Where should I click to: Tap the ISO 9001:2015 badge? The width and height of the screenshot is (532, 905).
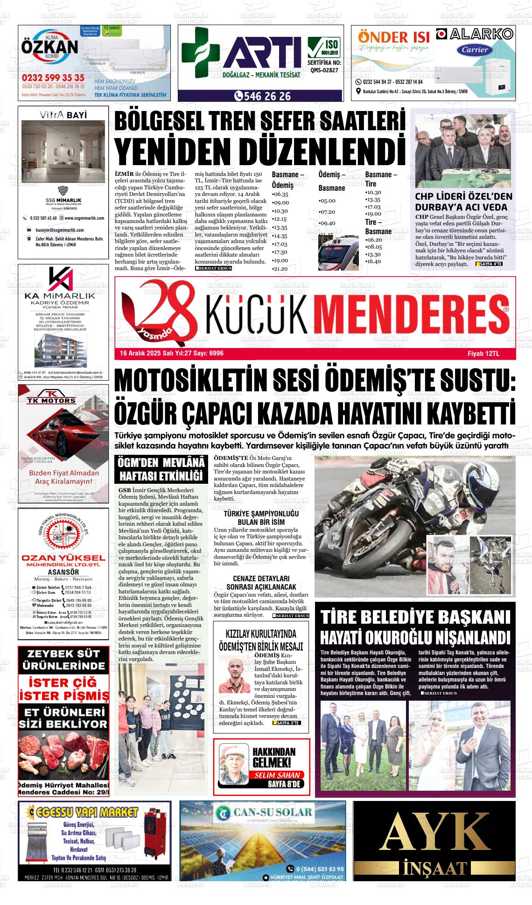coord(324,48)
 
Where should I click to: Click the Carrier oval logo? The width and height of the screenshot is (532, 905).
coord(475,50)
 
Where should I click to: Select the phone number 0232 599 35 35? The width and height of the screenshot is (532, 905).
coord(53,77)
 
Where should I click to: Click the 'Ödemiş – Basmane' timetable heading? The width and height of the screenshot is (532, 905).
coord(332,181)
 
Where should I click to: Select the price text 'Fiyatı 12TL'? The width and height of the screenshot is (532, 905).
coord(483,354)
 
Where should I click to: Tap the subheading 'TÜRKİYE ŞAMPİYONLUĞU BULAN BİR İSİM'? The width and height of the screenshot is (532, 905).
coord(261,517)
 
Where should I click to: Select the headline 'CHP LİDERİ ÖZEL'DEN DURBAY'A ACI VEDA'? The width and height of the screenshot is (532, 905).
coord(463,202)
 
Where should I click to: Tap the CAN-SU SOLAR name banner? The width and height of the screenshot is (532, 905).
coord(263,812)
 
